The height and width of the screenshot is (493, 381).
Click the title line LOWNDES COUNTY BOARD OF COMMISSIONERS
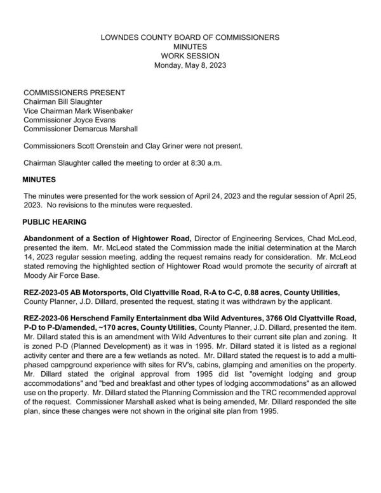[x=190, y=38]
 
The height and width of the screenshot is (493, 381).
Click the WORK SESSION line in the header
[x=190, y=56]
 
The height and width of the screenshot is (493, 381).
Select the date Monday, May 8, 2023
[x=190, y=65]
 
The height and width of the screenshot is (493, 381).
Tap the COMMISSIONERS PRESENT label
[x=70, y=92]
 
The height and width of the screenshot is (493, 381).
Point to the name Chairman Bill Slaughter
[x=62, y=101]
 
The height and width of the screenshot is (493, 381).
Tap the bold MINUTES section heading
[x=39, y=180]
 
